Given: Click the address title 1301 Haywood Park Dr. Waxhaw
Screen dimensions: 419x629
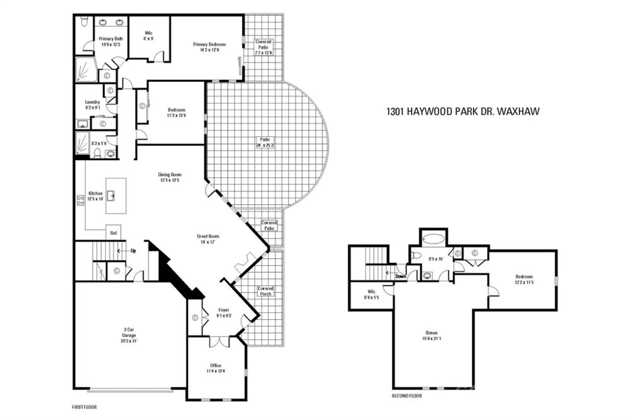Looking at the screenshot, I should pos(463,112).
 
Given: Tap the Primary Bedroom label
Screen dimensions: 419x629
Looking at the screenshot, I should pos(209,47).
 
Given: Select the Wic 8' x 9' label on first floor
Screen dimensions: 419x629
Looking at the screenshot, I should pos(148,36).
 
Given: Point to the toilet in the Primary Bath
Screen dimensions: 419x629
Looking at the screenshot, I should pos(84,21).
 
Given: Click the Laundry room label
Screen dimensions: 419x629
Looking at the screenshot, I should pos(92,105).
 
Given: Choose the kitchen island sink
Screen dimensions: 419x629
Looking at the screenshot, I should pos(111,196).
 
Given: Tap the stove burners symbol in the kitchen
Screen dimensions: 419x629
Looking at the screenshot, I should pos(81,200).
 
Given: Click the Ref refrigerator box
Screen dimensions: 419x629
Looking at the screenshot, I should pos(114,233).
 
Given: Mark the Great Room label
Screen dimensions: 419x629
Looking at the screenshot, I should pos(208,239).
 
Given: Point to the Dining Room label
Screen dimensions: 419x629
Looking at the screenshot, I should pos(170,177).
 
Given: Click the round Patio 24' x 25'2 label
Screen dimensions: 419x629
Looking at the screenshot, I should pos(265,142).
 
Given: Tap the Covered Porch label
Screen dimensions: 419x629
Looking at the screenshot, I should pos(265,291).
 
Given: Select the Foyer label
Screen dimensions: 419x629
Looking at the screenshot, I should pos(224,313).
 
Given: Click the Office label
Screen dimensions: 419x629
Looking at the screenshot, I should pos(215,368).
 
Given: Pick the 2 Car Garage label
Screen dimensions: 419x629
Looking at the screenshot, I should pos(129,335).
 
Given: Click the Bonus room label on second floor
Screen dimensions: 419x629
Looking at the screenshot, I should pos(431,335).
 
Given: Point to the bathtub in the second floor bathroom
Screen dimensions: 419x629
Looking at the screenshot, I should pos(433,239).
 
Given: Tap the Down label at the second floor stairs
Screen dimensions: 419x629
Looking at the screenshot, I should pos(400,276).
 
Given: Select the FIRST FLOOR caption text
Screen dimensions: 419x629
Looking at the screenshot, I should pos(84,407).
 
